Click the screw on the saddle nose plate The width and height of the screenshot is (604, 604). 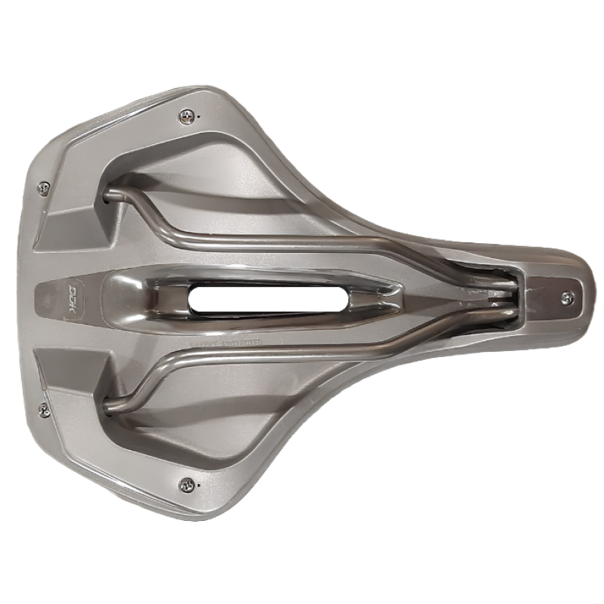pyautogui.click(x=567, y=298)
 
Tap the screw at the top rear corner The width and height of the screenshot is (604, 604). pyautogui.click(x=186, y=116)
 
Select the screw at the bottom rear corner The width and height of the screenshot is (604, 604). pyautogui.click(x=185, y=483)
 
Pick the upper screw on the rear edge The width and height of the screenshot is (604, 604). pyautogui.click(x=44, y=187)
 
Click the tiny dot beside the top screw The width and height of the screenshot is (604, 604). pyautogui.click(x=199, y=117)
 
